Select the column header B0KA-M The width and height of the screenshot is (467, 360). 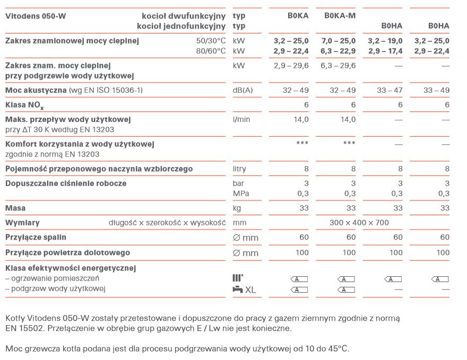tap(340, 16)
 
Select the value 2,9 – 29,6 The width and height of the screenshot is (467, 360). tap(291, 66)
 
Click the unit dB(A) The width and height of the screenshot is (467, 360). tap(243, 91)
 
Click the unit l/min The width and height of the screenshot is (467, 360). tap(241, 120)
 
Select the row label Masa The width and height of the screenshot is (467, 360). tap(15, 208)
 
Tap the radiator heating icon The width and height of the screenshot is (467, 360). tap(237, 278)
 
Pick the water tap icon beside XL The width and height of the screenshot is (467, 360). tap(238, 289)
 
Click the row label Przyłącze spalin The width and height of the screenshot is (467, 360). tap(36, 238)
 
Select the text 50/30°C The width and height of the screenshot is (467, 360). tap(211, 41)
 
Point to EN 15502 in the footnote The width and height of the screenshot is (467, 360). tap(24, 329)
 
